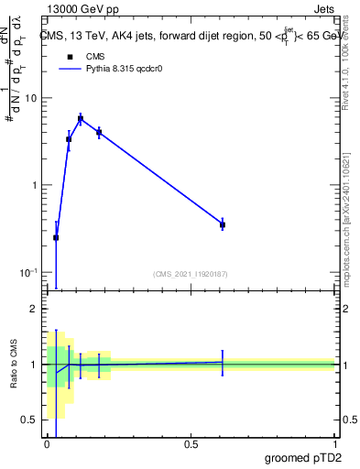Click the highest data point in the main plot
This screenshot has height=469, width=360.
coord(81,118)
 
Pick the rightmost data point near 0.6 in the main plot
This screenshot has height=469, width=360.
coord(223,224)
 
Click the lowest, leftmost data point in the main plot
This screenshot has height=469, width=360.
coord(56,237)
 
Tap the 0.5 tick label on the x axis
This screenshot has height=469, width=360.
coord(191,443)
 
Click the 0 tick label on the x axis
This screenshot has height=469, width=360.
coord(48,443)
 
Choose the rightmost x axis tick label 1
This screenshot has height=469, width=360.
coord(334,443)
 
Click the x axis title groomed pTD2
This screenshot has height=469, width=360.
coord(302,457)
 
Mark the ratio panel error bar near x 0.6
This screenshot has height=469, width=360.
coord(223,362)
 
